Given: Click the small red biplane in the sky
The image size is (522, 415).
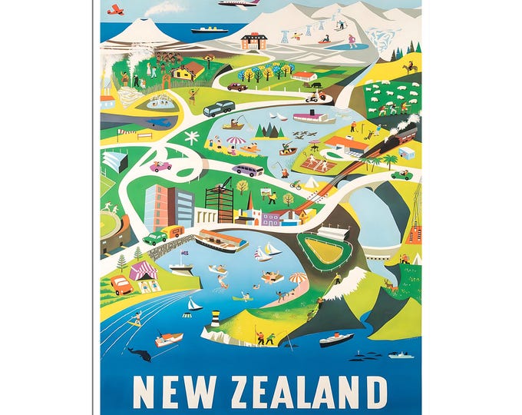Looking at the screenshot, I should (116, 9).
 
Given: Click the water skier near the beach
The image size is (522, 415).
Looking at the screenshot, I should (135, 317).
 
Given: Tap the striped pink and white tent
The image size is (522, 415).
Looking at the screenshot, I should (145, 271).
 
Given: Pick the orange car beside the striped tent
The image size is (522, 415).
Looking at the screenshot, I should (121, 285).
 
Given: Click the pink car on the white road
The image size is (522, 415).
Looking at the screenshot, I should (160, 166).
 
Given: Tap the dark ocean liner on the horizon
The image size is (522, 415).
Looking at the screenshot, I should (210, 30).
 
